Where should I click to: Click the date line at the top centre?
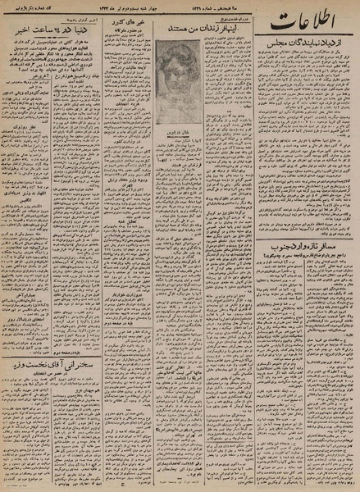coord(164,9)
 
